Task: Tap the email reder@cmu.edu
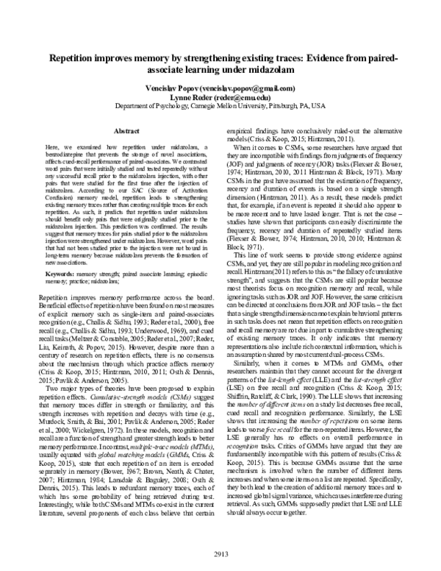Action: point(241,96)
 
